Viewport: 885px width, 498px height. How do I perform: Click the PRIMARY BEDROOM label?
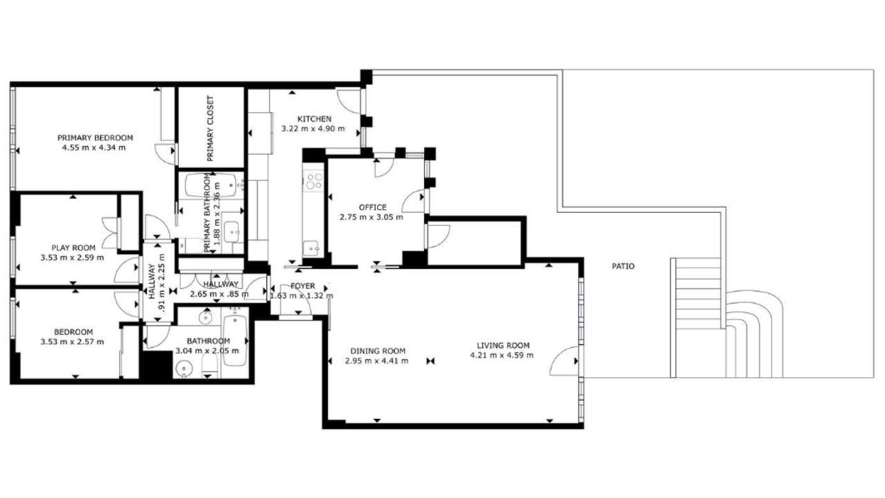95,138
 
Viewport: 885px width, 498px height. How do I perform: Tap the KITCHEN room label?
315,119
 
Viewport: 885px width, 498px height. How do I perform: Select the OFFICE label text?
373,207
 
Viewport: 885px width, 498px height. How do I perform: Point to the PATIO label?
623,266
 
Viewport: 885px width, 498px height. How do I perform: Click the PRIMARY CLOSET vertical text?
209,129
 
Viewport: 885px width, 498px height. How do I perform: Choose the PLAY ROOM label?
73,248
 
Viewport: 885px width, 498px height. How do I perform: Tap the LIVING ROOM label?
503,345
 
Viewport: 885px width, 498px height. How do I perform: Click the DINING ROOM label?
378,351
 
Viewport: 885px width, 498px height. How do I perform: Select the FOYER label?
303,286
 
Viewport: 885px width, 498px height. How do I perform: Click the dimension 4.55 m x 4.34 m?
93,148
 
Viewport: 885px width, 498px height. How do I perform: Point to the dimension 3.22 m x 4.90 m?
313,129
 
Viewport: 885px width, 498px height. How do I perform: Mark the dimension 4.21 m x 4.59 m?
502,356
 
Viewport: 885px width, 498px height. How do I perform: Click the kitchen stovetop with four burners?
314,181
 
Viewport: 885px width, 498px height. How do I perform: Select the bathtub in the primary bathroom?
210,185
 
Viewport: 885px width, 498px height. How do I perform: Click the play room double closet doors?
111,233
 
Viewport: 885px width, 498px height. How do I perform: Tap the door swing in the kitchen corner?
348,101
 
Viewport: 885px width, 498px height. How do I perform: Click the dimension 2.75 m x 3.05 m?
371,217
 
